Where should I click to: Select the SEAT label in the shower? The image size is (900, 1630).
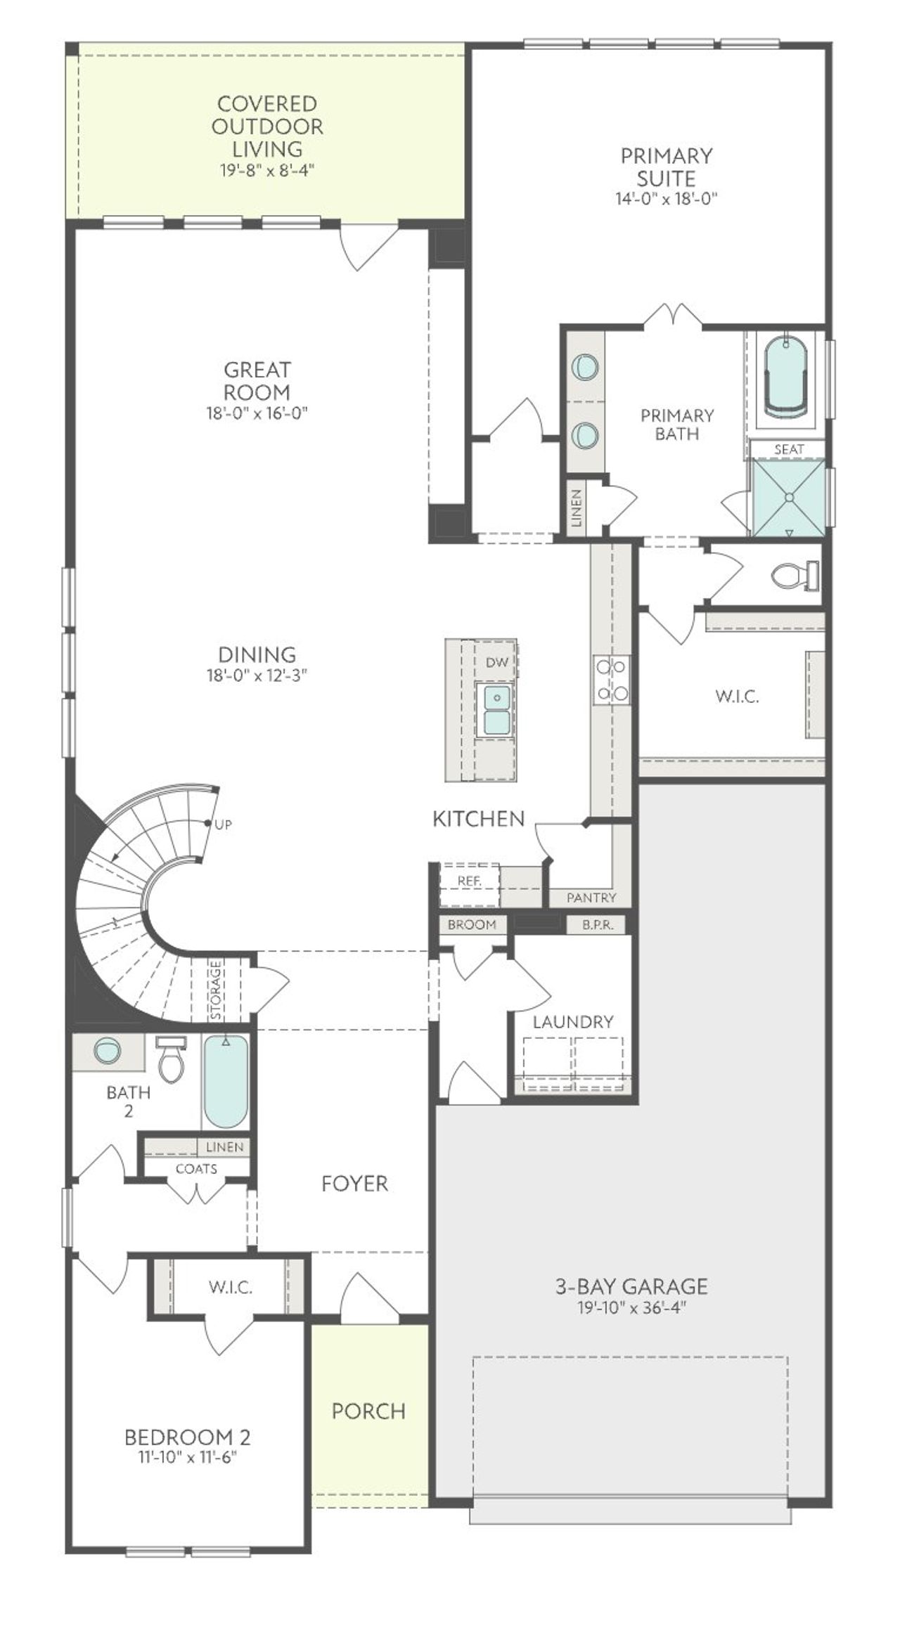(789, 449)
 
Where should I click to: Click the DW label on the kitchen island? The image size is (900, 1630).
(496, 662)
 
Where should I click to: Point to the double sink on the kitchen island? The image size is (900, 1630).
(496, 709)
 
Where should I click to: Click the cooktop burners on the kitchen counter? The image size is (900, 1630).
(611, 680)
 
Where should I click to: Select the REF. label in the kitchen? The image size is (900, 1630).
(469, 881)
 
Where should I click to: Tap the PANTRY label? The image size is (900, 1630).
(591, 898)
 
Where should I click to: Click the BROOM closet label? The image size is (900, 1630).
(472, 925)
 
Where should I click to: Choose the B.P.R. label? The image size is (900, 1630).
(598, 925)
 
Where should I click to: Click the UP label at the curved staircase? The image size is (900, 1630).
(223, 824)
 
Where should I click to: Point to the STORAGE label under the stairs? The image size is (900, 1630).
(216, 989)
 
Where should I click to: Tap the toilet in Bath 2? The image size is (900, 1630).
(171, 1061)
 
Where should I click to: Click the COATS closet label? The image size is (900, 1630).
(196, 1169)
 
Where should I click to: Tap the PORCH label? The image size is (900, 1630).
(368, 1411)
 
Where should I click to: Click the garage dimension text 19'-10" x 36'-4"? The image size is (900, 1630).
(631, 1307)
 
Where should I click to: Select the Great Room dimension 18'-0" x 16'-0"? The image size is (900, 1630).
(257, 413)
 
